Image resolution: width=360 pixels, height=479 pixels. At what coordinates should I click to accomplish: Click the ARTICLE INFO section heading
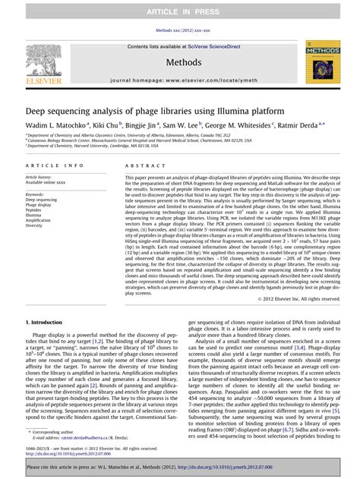pos(54,165)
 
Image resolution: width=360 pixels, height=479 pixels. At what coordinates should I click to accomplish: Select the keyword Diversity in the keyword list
pos(35,225)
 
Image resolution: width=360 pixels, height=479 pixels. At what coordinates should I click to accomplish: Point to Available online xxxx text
pos(44,182)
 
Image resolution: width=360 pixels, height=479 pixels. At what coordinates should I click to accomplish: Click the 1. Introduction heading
pos(49,323)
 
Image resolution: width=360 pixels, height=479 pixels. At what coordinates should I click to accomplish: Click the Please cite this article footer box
pos(180,467)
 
